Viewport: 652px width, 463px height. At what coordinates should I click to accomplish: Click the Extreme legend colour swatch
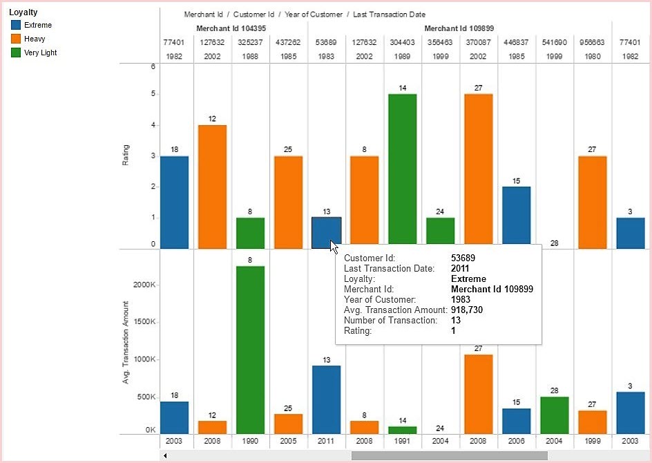[16, 25]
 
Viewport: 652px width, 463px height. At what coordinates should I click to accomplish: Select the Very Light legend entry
[40, 53]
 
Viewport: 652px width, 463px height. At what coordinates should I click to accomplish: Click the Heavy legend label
[35, 39]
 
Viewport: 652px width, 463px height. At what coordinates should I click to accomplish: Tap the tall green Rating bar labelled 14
[401, 169]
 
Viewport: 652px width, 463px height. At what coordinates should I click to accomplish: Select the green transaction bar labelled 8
[250, 349]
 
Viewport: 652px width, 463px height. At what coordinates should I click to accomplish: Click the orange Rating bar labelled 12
[212, 186]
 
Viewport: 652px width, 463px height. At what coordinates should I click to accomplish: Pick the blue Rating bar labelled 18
[174, 202]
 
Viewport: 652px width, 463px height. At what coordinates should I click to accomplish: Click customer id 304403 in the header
[401, 42]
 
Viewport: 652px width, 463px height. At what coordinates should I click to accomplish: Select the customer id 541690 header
[554, 42]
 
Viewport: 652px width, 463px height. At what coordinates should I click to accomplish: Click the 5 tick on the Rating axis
[153, 94]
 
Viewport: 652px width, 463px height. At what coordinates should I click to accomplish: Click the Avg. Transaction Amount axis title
[126, 342]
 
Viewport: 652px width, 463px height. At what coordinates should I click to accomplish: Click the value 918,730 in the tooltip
[468, 310]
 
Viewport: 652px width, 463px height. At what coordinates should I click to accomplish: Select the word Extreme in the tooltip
[468, 278]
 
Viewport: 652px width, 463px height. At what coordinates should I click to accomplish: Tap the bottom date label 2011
[326, 441]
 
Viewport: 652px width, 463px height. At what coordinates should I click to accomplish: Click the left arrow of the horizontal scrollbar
[164, 455]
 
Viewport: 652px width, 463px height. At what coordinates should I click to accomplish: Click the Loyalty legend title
[23, 12]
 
